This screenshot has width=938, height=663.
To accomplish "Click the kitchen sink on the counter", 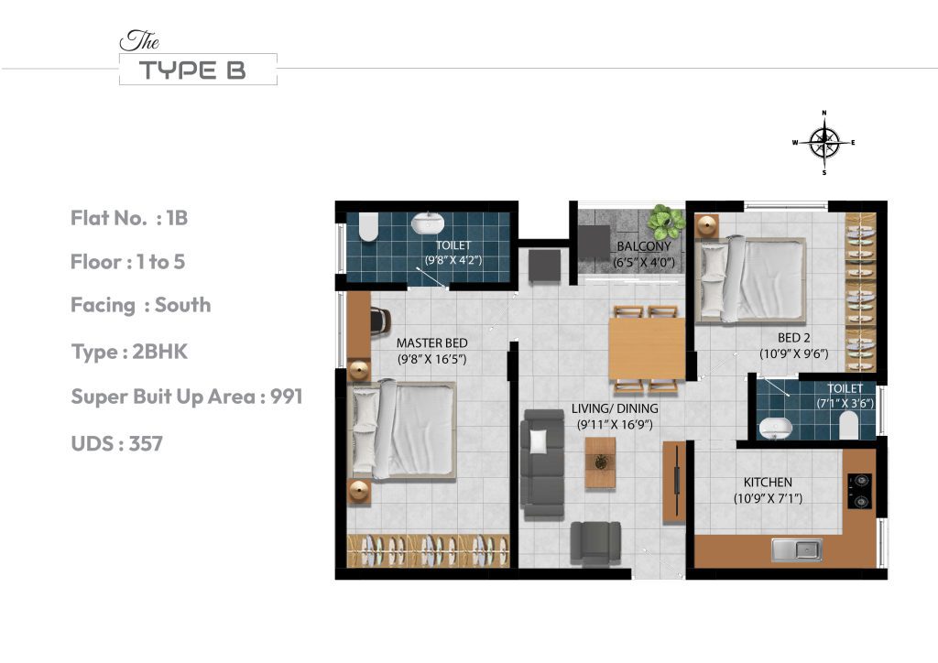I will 796,549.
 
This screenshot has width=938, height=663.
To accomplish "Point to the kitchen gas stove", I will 860,490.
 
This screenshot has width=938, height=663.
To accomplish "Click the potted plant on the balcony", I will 665,221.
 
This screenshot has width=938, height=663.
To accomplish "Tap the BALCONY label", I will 644,246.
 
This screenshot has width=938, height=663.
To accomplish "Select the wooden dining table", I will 647,348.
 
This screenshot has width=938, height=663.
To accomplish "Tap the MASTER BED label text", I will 431,343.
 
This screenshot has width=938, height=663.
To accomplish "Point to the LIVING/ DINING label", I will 613,408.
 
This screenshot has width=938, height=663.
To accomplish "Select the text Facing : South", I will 140,305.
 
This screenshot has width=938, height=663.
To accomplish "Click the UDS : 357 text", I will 116,444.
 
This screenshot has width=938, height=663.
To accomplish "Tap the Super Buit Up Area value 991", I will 285,397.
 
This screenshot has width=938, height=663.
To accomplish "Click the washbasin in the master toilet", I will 426,223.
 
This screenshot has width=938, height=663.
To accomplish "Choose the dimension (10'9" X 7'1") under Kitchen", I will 767,499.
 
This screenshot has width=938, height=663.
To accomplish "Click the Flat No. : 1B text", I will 129,218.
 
